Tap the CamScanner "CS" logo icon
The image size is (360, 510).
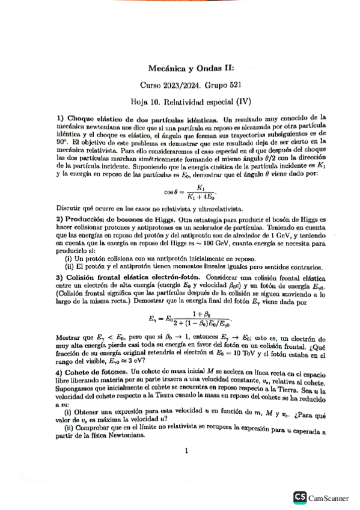[299, 497]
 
